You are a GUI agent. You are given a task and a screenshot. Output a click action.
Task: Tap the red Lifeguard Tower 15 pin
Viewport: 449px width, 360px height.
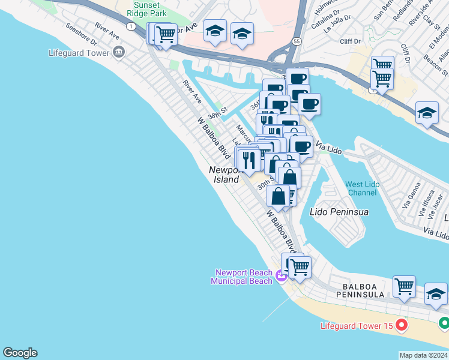402,326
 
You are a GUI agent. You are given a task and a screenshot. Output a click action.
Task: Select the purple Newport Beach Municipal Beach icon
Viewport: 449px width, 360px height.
282,277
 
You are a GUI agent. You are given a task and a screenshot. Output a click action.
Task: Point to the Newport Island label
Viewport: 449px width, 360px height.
225,175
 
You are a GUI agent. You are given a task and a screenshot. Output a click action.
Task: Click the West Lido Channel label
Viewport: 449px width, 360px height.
362,188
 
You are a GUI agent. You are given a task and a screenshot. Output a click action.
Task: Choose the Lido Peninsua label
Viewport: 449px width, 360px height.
339,212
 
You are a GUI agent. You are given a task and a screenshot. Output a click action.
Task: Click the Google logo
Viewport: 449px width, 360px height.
20,353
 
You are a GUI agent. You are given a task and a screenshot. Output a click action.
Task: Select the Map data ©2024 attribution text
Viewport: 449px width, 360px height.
423,355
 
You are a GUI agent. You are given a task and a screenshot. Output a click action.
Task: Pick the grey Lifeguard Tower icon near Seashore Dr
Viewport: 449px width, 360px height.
118,52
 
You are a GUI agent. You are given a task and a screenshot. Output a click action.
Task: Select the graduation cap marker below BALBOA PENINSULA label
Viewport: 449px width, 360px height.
436,294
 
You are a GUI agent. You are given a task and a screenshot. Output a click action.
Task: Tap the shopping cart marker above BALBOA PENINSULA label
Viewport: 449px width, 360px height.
404,286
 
